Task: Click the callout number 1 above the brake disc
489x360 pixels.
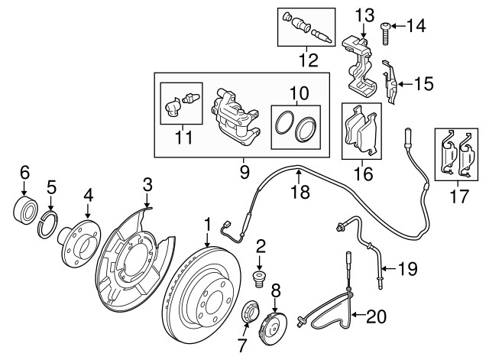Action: [x=206, y=224]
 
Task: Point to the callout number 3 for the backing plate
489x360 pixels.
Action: [x=147, y=183]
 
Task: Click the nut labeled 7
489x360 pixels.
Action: [x=250, y=313]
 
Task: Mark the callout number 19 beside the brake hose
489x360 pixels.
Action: [x=408, y=268]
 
